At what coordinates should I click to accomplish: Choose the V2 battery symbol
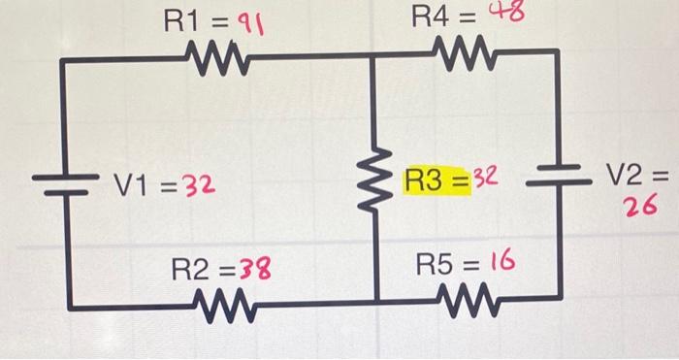click(x=556, y=178)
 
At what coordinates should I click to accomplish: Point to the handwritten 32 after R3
click(x=486, y=180)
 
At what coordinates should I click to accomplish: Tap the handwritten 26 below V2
click(x=641, y=205)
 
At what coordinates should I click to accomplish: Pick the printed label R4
click(x=431, y=16)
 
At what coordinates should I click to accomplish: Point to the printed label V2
click(x=627, y=176)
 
